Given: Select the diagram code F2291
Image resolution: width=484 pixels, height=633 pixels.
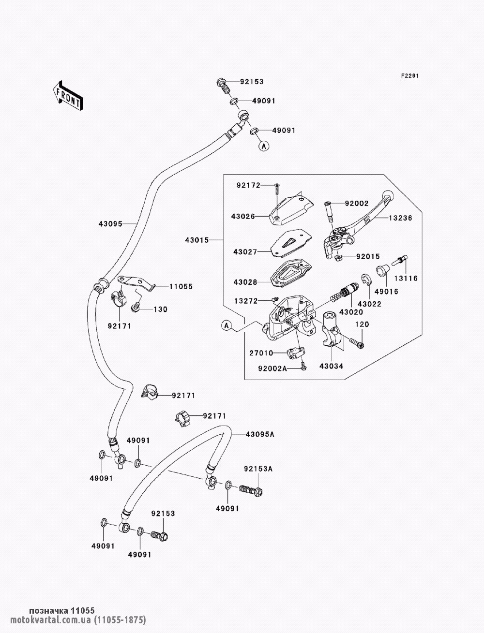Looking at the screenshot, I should pos(409,76).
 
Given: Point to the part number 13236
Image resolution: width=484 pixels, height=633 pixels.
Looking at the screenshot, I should pos(400,218).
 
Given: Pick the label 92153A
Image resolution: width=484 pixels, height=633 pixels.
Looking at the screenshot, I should pos(258,469).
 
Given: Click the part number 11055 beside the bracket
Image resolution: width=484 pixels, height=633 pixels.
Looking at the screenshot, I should pos(181,286).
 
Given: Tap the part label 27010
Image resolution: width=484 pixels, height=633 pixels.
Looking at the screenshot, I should pos(261,353).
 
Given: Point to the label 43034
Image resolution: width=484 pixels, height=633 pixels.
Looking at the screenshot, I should pos(331,366).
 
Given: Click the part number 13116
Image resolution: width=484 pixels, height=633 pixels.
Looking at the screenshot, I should pos(405,279).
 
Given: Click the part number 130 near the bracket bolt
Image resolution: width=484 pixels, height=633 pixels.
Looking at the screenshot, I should pos(160,309).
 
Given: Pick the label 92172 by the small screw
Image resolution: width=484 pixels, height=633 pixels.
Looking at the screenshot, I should pos(249,185).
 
